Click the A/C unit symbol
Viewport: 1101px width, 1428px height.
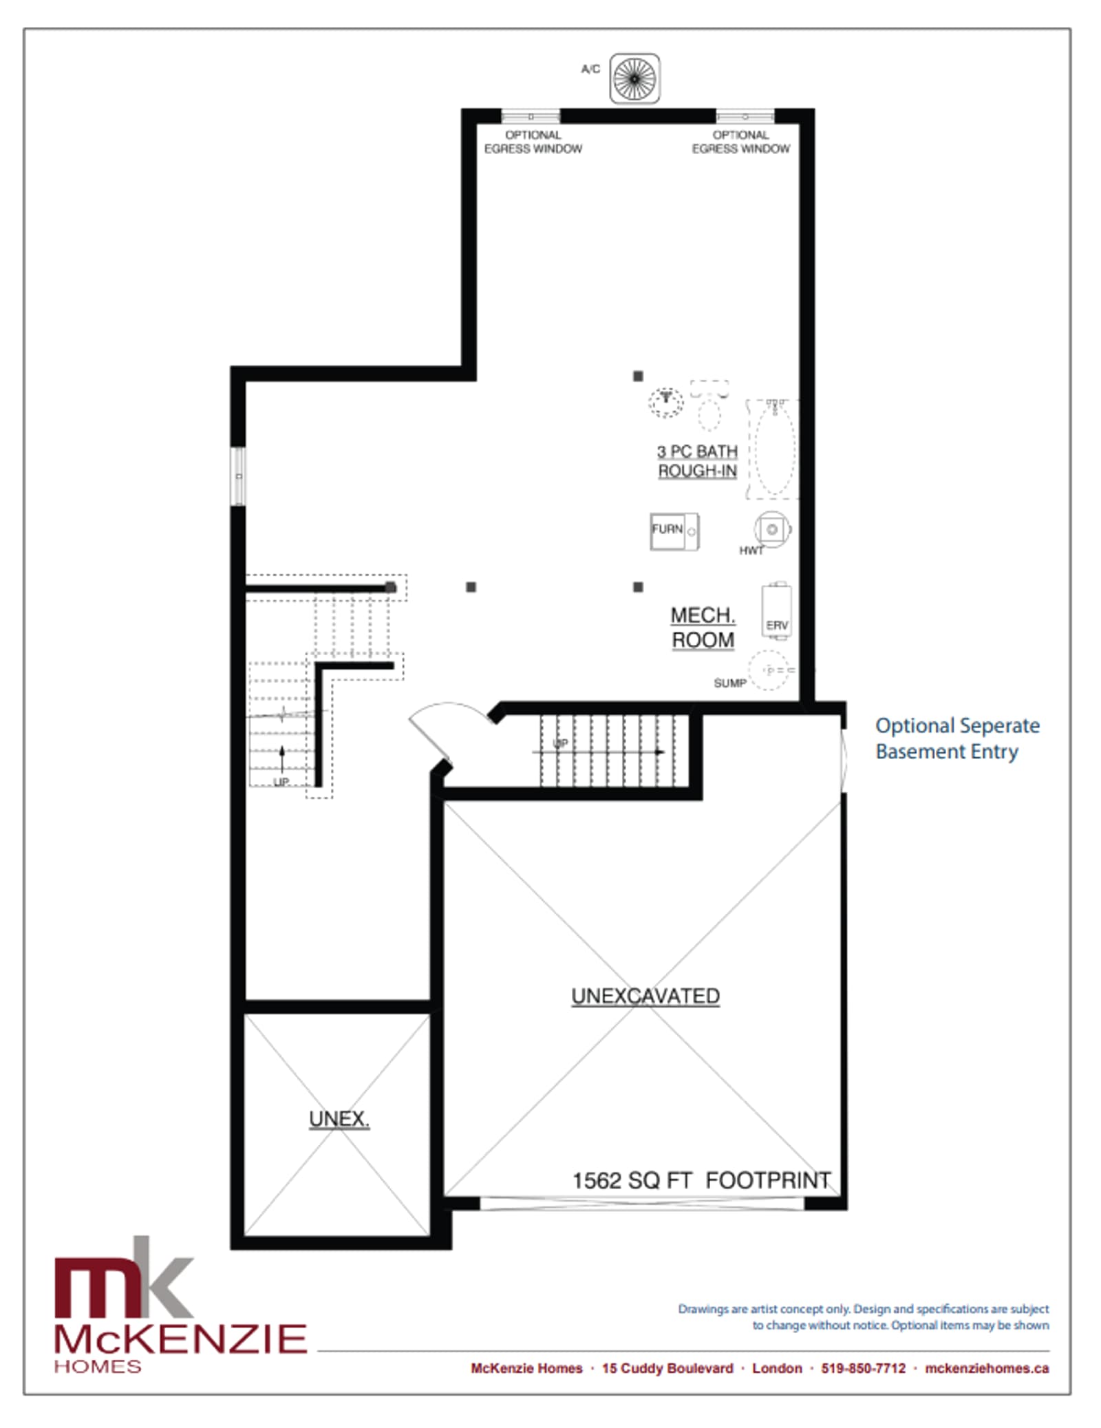tap(634, 78)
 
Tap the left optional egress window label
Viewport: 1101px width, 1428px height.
tap(533, 142)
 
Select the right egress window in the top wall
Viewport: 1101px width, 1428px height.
tap(745, 116)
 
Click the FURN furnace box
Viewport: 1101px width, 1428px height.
tap(674, 531)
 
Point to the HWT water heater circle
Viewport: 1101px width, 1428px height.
tap(772, 529)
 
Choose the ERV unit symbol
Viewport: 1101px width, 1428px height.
tap(776, 610)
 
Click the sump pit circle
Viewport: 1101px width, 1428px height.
tap(769, 670)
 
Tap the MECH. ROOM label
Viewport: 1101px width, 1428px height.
tap(703, 627)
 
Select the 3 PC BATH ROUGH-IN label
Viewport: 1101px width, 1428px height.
tap(697, 461)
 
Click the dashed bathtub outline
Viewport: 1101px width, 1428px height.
tap(772, 449)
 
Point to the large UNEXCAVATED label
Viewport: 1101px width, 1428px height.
tap(645, 996)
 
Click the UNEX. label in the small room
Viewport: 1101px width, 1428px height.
tap(339, 1119)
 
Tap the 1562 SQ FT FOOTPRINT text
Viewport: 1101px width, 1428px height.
tap(702, 1180)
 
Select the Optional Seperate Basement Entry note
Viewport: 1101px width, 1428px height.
tap(957, 738)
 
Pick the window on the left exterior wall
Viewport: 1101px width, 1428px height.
tap(238, 476)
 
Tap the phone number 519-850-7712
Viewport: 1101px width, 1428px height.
tap(863, 1368)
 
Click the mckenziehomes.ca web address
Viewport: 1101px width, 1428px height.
tap(987, 1368)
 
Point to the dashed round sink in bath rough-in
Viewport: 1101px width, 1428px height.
tap(665, 402)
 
